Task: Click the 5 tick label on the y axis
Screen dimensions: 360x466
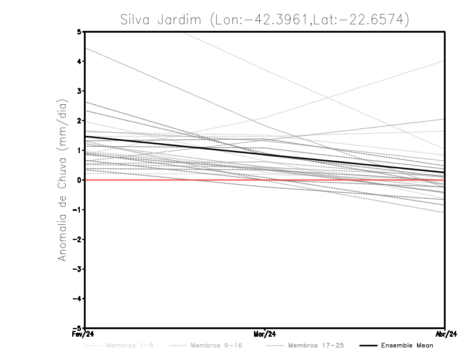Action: coord(79,32)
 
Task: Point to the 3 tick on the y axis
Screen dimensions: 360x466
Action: coord(79,91)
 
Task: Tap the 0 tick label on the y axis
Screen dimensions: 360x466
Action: coord(79,180)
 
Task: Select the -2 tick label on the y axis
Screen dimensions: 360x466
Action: coord(77,239)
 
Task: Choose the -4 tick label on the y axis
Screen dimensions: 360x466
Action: coord(77,298)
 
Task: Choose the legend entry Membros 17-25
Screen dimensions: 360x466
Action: coord(315,345)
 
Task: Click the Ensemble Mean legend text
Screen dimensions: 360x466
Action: coord(407,345)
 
